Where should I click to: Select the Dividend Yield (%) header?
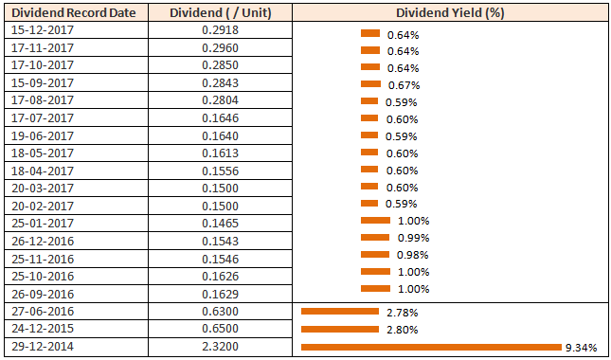450,13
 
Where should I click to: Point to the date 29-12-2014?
43,347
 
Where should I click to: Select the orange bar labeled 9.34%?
431,348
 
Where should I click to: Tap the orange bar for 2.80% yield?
338,330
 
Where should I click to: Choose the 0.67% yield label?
403,85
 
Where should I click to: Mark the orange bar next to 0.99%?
375,237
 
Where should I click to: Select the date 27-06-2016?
43,312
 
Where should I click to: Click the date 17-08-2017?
43,100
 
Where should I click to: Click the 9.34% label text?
581,348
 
